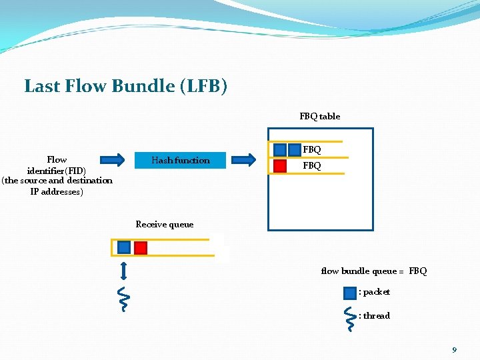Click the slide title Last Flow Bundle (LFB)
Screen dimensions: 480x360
[x=125, y=86]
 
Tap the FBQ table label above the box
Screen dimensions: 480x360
[x=319, y=116]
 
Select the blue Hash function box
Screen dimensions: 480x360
[x=181, y=160]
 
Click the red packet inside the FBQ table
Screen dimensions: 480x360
[x=280, y=165]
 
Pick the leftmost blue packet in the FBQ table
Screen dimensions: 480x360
[x=280, y=150]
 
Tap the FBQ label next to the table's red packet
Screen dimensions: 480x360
[x=312, y=165]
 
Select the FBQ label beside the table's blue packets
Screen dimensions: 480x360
[x=312, y=150]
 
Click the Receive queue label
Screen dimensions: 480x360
[x=164, y=224]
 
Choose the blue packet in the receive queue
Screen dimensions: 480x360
[x=124, y=247]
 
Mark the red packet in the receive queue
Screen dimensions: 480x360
[x=140, y=247]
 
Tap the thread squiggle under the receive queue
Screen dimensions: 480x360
[x=123, y=299]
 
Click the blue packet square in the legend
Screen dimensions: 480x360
[x=350, y=292]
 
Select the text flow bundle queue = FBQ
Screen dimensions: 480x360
[x=373, y=271]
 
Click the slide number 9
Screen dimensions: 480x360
[x=454, y=349]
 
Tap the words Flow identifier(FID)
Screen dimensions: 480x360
[x=57, y=165]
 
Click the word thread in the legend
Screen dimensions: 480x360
[x=377, y=315]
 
